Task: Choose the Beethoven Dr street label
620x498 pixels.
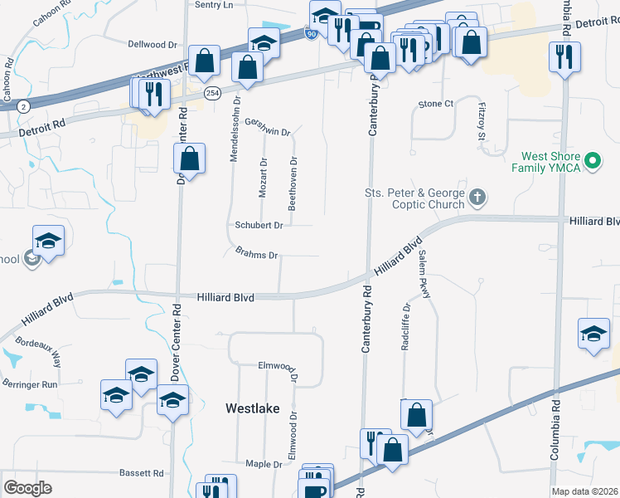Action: [292, 181]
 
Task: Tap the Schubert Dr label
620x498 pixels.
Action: [259, 225]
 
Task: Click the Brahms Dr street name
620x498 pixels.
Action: [256, 255]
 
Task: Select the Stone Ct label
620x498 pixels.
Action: [436, 104]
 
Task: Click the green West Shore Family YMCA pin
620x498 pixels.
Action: [592, 160]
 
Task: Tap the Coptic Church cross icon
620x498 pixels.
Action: [477, 198]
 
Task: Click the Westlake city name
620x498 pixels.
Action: [253, 408]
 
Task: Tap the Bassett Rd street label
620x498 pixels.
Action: [141, 473]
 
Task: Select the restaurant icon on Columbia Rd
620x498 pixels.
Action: [565, 57]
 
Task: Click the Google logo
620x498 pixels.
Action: [28, 487]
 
